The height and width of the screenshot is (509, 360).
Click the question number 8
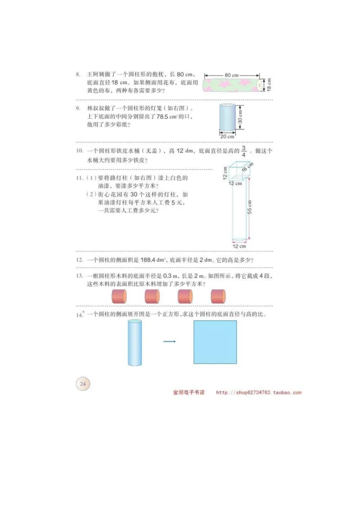point(78,75)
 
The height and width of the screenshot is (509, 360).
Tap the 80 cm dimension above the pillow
point(231,75)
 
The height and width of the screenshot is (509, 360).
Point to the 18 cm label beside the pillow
point(269,84)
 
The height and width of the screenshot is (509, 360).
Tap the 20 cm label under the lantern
point(227,136)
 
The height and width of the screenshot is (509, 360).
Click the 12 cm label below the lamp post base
point(239,246)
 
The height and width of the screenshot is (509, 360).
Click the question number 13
point(79,276)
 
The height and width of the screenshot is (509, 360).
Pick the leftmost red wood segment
point(119,296)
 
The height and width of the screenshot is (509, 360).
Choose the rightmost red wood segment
point(218,296)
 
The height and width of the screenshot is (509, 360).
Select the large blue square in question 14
point(215,342)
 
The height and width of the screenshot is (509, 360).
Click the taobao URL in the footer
point(259,393)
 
